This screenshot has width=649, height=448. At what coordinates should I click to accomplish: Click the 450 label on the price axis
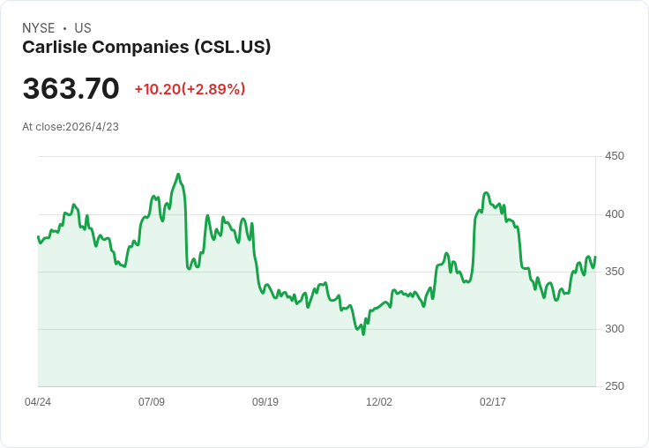click(615, 156)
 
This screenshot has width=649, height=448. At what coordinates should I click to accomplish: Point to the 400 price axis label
click(615, 214)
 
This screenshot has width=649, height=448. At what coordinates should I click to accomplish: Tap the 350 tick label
click(615, 272)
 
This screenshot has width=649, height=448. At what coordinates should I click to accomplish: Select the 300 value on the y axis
click(615, 329)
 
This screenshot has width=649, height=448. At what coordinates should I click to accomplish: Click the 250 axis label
click(615, 386)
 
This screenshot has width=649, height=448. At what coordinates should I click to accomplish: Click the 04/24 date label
click(38, 401)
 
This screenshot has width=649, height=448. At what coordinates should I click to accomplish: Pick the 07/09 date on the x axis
click(152, 401)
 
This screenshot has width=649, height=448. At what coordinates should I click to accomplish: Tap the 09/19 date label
click(265, 401)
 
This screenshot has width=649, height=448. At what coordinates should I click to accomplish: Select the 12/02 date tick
click(379, 401)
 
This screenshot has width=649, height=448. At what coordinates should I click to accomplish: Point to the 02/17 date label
click(493, 401)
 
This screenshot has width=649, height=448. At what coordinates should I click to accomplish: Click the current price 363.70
click(71, 88)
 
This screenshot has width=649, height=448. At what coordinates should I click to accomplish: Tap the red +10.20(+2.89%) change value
click(190, 89)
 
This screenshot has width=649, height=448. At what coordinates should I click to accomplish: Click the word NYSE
click(39, 28)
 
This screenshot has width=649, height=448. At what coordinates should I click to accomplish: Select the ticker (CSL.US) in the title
click(233, 47)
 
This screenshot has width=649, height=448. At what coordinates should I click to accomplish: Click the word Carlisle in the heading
click(54, 47)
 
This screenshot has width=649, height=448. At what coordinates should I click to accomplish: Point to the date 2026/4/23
click(92, 127)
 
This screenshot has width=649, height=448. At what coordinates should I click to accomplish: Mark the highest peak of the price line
click(178, 175)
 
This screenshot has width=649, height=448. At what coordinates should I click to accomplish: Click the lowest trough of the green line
click(363, 334)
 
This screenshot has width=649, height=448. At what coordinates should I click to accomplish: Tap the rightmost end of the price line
click(595, 258)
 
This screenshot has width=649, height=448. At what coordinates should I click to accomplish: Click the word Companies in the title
click(141, 48)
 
